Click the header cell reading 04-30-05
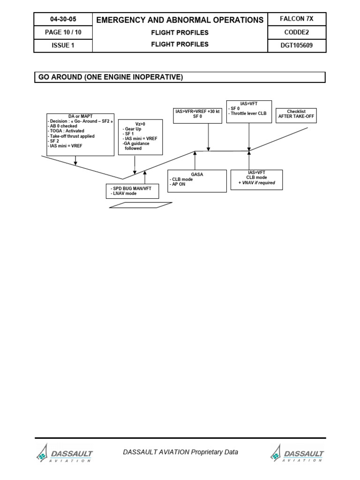pyautogui.click(x=63, y=19)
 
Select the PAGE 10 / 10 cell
pyautogui.click(x=63, y=32)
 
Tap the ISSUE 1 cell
pyautogui.click(x=63, y=45)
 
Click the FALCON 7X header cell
pyautogui.click(x=296, y=19)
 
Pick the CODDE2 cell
pyautogui.click(x=296, y=32)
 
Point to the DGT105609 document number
pyautogui.click(x=296, y=45)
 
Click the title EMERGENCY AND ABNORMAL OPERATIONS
pyautogui.click(x=180, y=20)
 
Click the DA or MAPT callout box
pyautogui.click(x=81, y=134)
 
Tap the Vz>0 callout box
pyautogui.click(x=141, y=137)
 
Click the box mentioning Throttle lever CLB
pyautogui.click(x=248, y=111)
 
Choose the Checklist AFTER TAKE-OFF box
pyautogui.click(x=296, y=115)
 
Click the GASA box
pyautogui.click(x=197, y=181)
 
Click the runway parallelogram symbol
pyautogui.click(x=141, y=205)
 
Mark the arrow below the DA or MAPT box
pyautogui.click(x=75, y=161)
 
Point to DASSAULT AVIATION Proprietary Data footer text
pyautogui.click(x=180, y=452)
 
